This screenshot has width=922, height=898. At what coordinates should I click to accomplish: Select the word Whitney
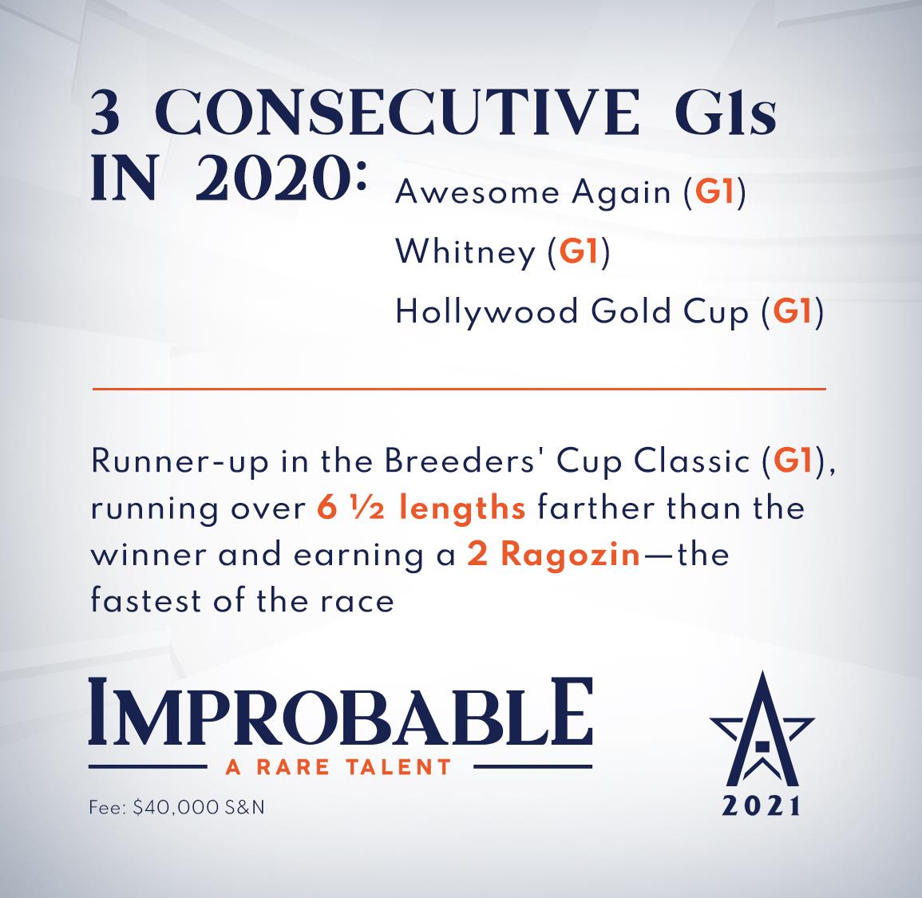coord(465,253)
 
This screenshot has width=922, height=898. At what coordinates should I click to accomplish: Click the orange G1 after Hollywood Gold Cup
coord(792,311)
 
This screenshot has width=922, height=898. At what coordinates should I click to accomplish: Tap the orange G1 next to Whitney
coord(579,251)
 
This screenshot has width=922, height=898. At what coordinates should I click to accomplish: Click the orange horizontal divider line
coord(459,389)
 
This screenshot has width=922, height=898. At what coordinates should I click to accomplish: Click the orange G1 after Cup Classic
coord(793,461)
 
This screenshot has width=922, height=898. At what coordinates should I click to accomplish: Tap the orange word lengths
coord(462,508)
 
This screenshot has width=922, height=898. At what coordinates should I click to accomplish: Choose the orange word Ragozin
coord(571,556)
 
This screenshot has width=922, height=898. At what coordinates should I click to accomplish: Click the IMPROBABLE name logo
coord(340,711)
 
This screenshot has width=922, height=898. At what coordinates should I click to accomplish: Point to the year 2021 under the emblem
coord(762,805)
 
